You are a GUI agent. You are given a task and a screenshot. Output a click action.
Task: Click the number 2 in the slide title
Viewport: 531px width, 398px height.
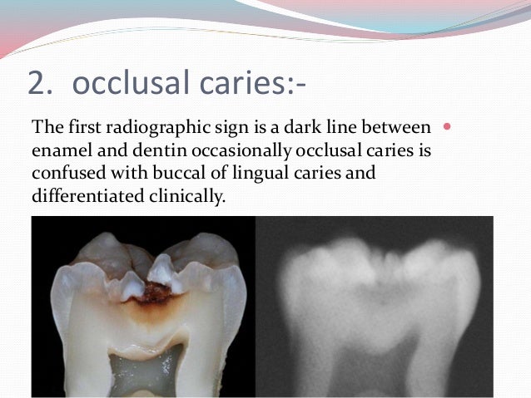pyautogui.click(x=37, y=83)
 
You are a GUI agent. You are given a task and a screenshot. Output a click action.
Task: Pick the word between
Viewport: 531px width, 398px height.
pyautogui.click(x=399, y=128)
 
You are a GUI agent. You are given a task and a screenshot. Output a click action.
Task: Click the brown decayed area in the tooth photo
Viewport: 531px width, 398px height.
pyautogui.click(x=156, y=292)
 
